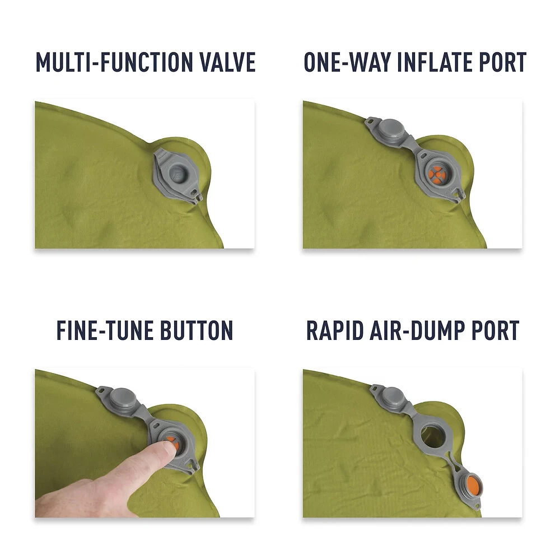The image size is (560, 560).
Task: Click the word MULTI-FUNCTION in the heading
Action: [x=114, y=62]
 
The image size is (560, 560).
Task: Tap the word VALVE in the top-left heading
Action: [x=227, y=62]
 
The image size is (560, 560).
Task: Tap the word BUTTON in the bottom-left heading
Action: [x=197, y=330]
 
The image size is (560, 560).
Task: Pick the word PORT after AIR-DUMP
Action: [x=496, y=330]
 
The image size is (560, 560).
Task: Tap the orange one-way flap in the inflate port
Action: [x=436, y=174]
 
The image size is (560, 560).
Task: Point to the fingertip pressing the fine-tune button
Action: [x=166, y=447]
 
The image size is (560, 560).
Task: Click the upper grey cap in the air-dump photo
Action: [x=392, y=397]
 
